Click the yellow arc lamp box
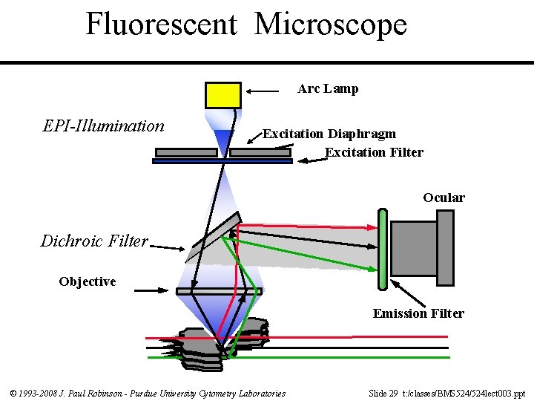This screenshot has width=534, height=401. [x=222, y=96]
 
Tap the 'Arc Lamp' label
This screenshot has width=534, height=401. [x=328, y=89]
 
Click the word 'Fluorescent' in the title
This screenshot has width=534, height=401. [x=161, y=24]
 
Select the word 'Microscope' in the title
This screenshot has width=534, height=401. [x=331, y=24]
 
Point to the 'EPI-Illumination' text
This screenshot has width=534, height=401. [x=104, y=126]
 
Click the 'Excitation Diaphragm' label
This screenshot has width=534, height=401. [x=329, y=134]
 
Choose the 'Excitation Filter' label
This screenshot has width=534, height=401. [x=374, y=153]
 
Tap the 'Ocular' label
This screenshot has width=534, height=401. [x=444, y=198]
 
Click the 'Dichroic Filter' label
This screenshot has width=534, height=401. [x=94, y=241]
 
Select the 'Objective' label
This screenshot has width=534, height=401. [x=88, y=282]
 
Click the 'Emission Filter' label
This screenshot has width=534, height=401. [x=418, y=314]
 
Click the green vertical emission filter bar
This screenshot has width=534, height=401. [x=382, y=249]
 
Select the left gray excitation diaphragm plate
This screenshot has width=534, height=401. [x=186, y=152]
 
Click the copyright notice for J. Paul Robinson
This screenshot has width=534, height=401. [x=148, y=393]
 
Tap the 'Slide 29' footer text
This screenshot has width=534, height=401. [x=384, y=393]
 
